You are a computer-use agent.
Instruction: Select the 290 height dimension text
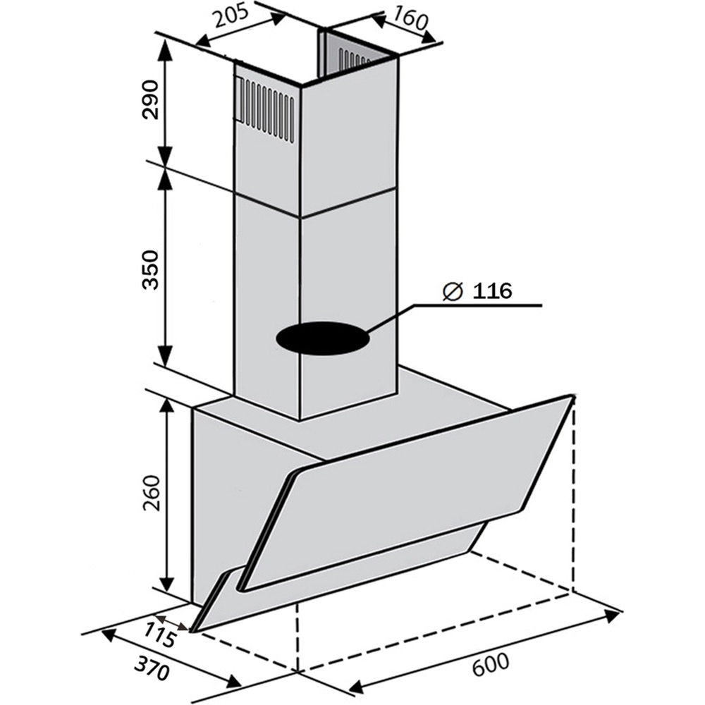point(151,99)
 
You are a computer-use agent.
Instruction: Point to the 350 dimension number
point(151,270)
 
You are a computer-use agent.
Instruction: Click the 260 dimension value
point(151,493)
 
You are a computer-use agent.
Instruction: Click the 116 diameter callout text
point(492,291)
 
